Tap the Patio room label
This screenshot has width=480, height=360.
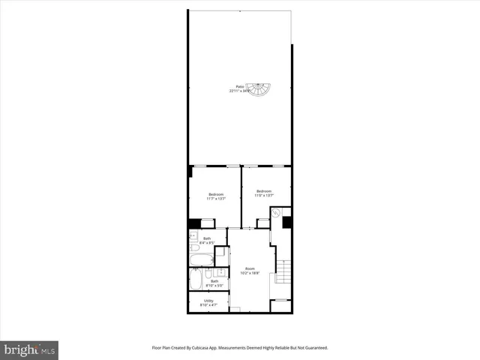[x=240, y=88]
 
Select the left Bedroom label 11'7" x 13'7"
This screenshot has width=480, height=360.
[x=216, y=196]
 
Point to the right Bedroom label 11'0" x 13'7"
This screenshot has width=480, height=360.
[x=263, y=193]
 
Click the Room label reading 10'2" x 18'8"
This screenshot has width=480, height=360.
[x=250, y=270]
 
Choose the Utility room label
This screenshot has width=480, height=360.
[x=208, y=303]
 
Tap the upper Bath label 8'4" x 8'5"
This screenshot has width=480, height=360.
[x=208, y=241]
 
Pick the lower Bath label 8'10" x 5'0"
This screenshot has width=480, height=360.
[x=214, y=283]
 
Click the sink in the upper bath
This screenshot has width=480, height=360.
[x=192, y=235]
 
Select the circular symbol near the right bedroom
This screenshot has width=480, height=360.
[x=276, y=214]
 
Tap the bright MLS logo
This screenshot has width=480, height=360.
[x=30, y=349]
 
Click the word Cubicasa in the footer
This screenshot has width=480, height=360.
[x=202, y=348]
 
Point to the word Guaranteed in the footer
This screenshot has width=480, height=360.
[x=313, y=348]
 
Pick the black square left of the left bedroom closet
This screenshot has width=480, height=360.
[x=195, y=223]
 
